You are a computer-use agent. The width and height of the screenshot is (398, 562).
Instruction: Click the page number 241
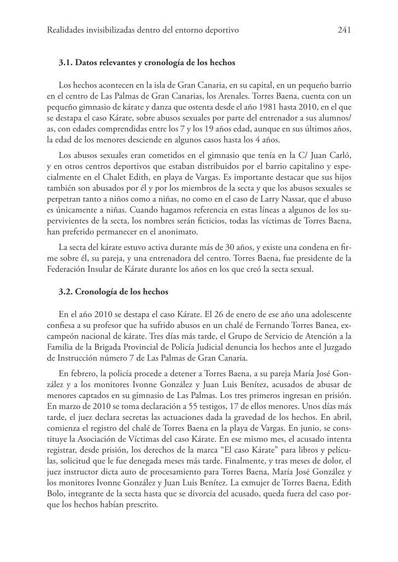coord(344,30)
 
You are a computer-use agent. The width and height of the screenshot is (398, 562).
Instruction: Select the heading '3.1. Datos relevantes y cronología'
coord(147,63)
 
